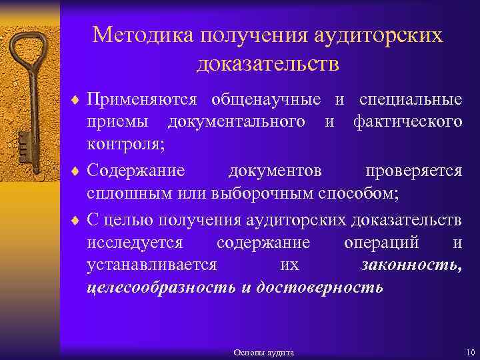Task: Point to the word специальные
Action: (410, 100)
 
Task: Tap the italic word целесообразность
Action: (161, 288)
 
